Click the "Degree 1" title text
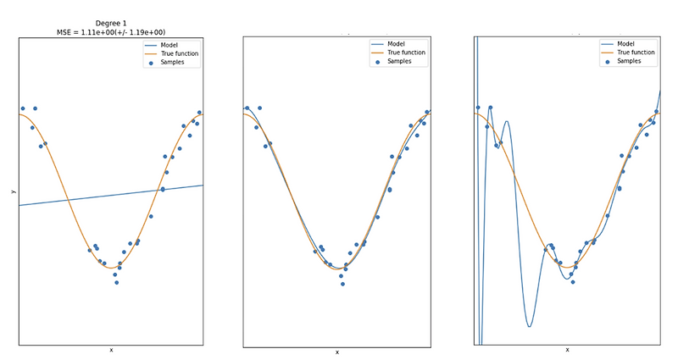click(x=110, y=23)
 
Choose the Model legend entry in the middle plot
click(x=397, y=44)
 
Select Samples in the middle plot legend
click(x=401, y=61)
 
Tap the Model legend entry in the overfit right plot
click(x=628, y=44)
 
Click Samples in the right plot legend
click(x=631, y=61)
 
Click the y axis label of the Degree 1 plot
click(x=13, y=191)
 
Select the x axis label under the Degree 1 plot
click(x=110, y=350)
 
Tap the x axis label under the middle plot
click(x=336, y=352)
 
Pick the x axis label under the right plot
click(x=567, y=350)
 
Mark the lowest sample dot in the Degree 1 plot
click(x=116, y=282)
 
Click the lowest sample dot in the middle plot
click(x=342, y=284)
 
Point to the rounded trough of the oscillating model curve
click(x=529, y=325)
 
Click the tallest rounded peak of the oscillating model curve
click(x=507, y=123)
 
